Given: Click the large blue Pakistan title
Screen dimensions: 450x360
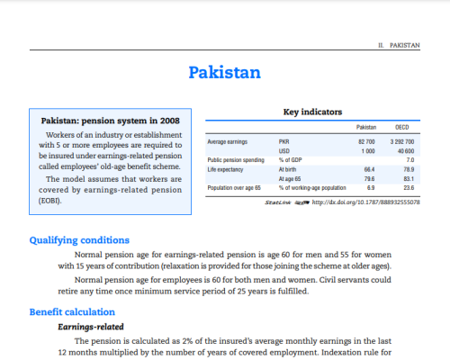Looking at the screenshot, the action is tap(225, 72).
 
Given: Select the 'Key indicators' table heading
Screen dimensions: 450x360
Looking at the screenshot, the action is tap(312, 112).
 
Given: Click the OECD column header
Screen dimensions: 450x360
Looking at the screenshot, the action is tap(404, 129).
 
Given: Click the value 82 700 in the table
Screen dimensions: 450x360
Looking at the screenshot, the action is tap(365, 142).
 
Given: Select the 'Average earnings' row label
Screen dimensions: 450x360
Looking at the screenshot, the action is tap(228, 142).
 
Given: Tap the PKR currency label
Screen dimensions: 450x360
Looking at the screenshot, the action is tap(285, 142).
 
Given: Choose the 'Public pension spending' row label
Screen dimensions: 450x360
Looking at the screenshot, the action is tap(236, 160).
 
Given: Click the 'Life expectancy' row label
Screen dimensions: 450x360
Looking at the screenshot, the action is tap(227, 169).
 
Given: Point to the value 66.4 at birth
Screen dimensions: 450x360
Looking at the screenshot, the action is tap(369, 169).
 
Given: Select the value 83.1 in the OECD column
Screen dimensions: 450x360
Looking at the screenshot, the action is tap(408, 178).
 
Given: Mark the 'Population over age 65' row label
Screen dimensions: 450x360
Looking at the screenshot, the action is tap(234, 187).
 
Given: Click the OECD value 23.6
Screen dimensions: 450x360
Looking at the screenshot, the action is tap(408, 187).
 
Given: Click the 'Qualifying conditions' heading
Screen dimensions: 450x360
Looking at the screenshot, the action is tap(78, 240).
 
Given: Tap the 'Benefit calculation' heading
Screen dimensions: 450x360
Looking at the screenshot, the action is tap(72, 311).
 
